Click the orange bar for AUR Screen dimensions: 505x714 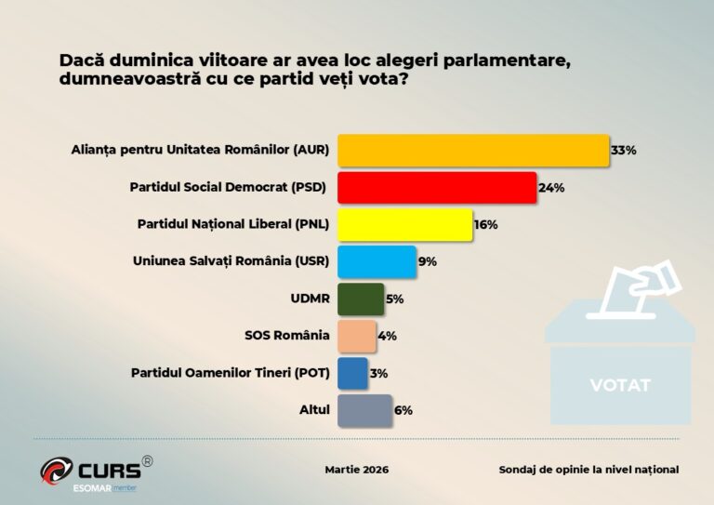(473, 150)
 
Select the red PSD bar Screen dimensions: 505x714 (437, 187)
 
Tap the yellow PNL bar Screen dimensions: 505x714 (405, 224)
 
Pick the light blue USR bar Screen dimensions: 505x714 (377, 261)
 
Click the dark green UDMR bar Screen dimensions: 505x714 (361, 299)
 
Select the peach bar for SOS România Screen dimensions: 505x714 (357, 336)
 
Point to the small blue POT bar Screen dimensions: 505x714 (353, 373)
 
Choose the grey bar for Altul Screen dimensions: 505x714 (364, 410)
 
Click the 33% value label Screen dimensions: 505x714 (623, 150)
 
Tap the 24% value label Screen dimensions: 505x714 (551, 187)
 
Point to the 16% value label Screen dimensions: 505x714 (486, 224)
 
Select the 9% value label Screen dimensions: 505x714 (428, 261)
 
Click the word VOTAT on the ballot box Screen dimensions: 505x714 (620, 385)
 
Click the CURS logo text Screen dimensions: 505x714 (108, 469)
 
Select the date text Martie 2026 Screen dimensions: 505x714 (356, 470)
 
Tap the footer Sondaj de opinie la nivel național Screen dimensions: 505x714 (588, 470)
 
